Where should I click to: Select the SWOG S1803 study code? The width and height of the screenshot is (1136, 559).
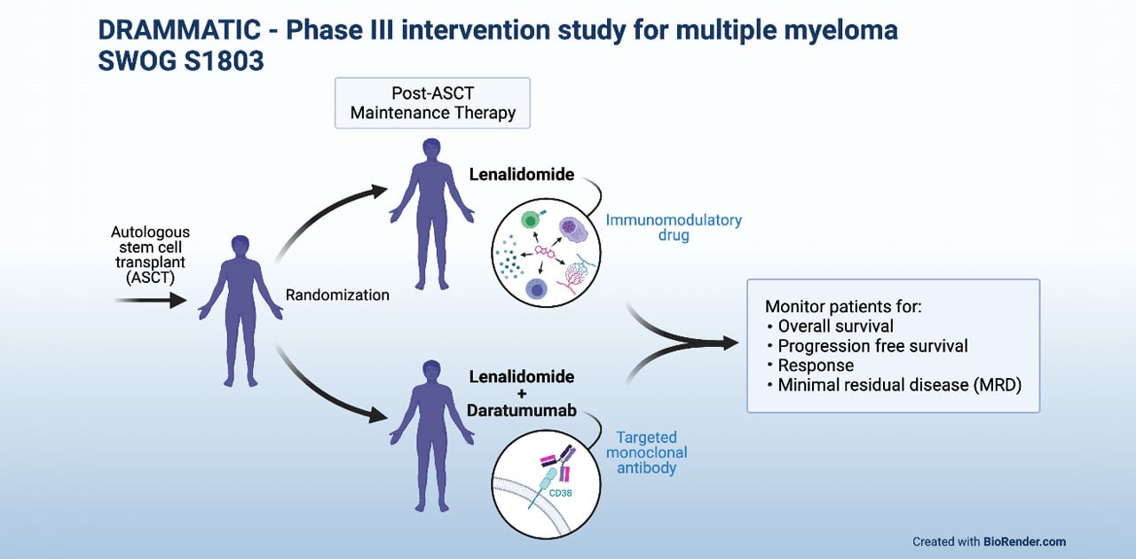(x=181, y=63)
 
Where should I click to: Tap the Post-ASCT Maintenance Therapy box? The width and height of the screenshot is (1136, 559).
(x=432, y=102)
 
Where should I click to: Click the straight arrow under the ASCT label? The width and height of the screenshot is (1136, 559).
(x=150, y=301)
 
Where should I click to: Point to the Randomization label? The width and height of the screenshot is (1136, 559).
(x=337, y=295)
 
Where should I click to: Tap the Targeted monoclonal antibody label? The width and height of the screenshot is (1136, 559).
(x=646, y=453)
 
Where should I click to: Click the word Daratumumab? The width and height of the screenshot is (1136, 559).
(x=522, y=411)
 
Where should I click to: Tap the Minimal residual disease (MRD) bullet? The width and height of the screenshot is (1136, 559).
(x=900, y=385)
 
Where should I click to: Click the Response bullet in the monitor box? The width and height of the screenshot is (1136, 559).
(x=816, y=366)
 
